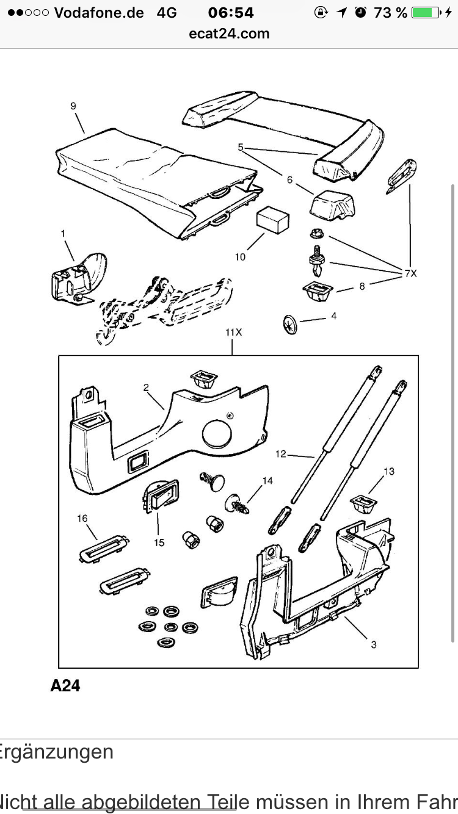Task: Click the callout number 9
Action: [x=73, y=106]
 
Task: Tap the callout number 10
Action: [x=241, y=257]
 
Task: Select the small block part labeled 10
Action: [x=272, y=219]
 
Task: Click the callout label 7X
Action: [x=410, y=273]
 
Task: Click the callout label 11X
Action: [x=233, y=333]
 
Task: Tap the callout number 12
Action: [x=281, y=453]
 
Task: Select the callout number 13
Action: [x=389, y=471]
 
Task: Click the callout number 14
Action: [x=267, y=481]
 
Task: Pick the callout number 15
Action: [x=159, y=542]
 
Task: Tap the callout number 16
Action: [x=82, y=518]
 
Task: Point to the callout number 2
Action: [x=147, y=387]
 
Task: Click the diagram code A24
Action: [x=65, y=685]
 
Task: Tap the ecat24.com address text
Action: [x=229, y=34]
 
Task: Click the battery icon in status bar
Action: [x=425, y=13]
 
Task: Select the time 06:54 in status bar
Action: [x=231, y=13]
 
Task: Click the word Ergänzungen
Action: [x=57, y=752]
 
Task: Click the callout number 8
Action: [x=362, y=286]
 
